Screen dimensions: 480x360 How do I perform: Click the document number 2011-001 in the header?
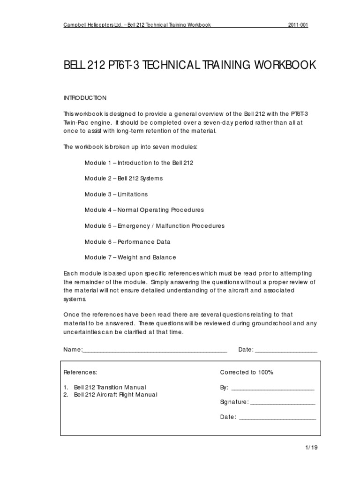298,24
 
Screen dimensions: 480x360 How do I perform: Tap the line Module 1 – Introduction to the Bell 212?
139,163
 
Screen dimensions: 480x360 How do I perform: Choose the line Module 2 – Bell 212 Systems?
124,179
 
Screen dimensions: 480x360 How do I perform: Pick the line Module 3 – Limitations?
116,194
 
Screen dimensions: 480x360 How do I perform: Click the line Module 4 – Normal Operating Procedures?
144,210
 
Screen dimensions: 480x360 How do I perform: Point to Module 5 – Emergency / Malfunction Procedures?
154,226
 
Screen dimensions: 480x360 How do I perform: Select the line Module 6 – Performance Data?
127,242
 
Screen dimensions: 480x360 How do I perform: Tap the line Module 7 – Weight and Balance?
130,257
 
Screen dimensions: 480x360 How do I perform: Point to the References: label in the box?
80,372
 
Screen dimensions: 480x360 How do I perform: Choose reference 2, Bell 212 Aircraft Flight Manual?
115,395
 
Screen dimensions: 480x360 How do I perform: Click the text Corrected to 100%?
247,372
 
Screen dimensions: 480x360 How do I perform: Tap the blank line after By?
272,389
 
